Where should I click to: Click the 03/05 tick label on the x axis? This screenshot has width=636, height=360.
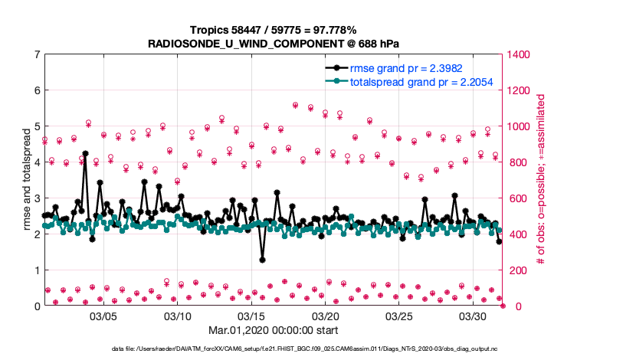tap(103, 316)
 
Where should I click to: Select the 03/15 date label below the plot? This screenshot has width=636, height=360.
tap(251, 316)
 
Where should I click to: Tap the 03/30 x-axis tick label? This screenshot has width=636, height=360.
tap(474, 316)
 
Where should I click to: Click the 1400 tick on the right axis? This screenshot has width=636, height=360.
tap(520, 54)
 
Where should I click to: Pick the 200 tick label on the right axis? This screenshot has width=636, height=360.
tap(516, 270)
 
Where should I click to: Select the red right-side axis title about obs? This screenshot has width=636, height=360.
tap(540, 181)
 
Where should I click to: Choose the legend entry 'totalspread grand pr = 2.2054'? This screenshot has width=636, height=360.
tap(421, 82)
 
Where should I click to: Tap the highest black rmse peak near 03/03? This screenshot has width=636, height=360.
tap(85, 153)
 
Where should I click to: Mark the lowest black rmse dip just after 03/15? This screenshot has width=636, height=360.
tap(262, 260)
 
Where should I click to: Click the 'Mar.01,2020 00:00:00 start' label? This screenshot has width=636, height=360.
tap(273, 330)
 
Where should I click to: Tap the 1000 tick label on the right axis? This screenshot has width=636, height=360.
tap(520, 126)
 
